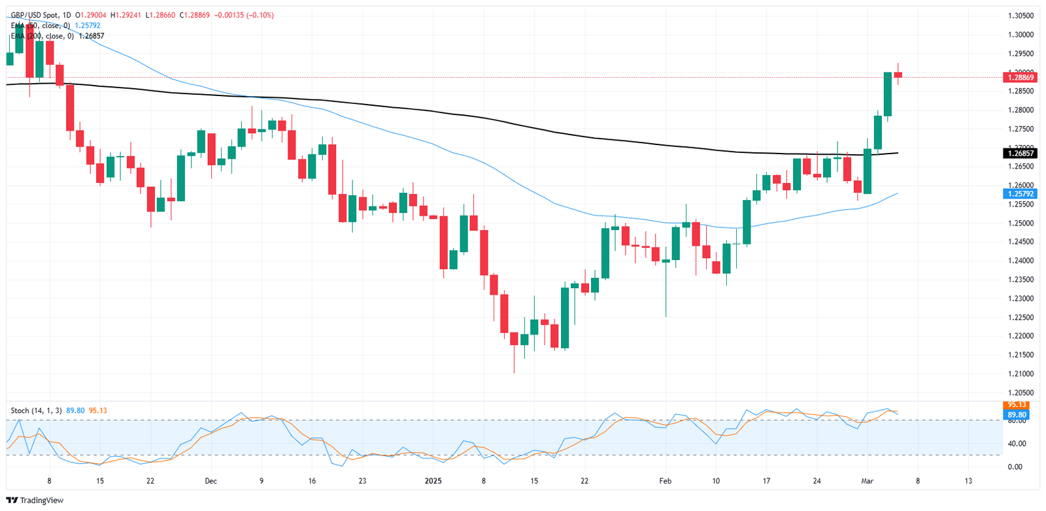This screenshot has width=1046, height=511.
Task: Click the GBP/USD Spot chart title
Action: [x=41, y=15]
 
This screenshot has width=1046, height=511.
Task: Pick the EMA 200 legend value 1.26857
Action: [x=91, y=36]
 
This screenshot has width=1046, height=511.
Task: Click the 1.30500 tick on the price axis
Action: [x=1021, y=16]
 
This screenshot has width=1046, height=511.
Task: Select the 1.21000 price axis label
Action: [x=1021, y=374]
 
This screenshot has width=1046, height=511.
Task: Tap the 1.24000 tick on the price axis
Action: [x=1021, y=261]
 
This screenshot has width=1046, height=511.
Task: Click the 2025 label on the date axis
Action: [x=433, y=481]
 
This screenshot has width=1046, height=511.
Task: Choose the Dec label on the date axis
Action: [x=211, y=481]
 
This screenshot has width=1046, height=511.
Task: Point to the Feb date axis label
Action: [x=665, y=481]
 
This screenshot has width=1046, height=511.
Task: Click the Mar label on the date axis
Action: [x=867, y=481]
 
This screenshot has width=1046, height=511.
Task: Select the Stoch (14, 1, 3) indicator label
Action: [x=36, y=410]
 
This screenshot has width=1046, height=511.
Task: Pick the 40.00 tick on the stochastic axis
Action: [x=1017, y=444]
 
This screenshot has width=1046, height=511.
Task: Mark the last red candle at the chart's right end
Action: [x=898, y=75]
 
